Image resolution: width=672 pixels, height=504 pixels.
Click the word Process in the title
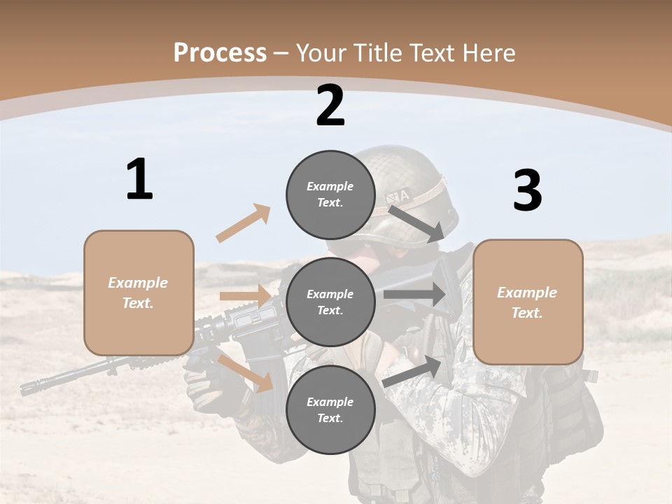(220, 52)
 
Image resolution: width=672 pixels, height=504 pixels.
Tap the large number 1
(139, 179)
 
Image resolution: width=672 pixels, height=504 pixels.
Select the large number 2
(330, 106)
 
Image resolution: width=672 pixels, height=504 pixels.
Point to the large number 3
(527, 191)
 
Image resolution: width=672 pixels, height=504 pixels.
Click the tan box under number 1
(139, 293)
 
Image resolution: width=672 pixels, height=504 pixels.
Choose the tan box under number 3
(528, 302)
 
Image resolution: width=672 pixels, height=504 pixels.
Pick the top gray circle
(330, 195)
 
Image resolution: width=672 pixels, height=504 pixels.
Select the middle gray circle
(330, 302)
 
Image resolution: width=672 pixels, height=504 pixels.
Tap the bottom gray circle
(330, 409)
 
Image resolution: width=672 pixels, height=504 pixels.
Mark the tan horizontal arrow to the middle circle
(245, 296)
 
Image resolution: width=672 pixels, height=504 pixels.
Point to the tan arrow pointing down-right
(245, 372)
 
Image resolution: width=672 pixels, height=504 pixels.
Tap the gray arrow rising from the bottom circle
(413, 372)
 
